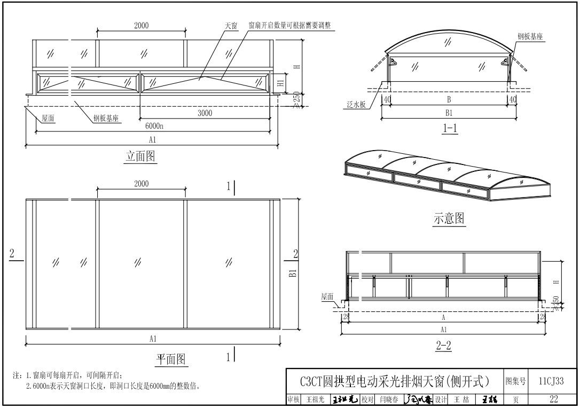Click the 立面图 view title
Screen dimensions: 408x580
[141, 156]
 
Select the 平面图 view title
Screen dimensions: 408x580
[172, 358]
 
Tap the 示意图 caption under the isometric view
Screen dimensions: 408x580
[448, 218]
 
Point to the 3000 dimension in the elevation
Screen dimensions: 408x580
[204, 113]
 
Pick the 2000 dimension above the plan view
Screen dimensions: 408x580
[141, 184]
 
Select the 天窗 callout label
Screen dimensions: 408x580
[231, 26]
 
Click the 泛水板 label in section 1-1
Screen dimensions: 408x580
[353, 105]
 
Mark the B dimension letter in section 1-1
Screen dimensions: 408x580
[449, 99]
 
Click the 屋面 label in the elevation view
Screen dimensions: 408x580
[48, 119]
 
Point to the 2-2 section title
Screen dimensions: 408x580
[443, 346]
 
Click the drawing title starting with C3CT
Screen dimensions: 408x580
[395, 381]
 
